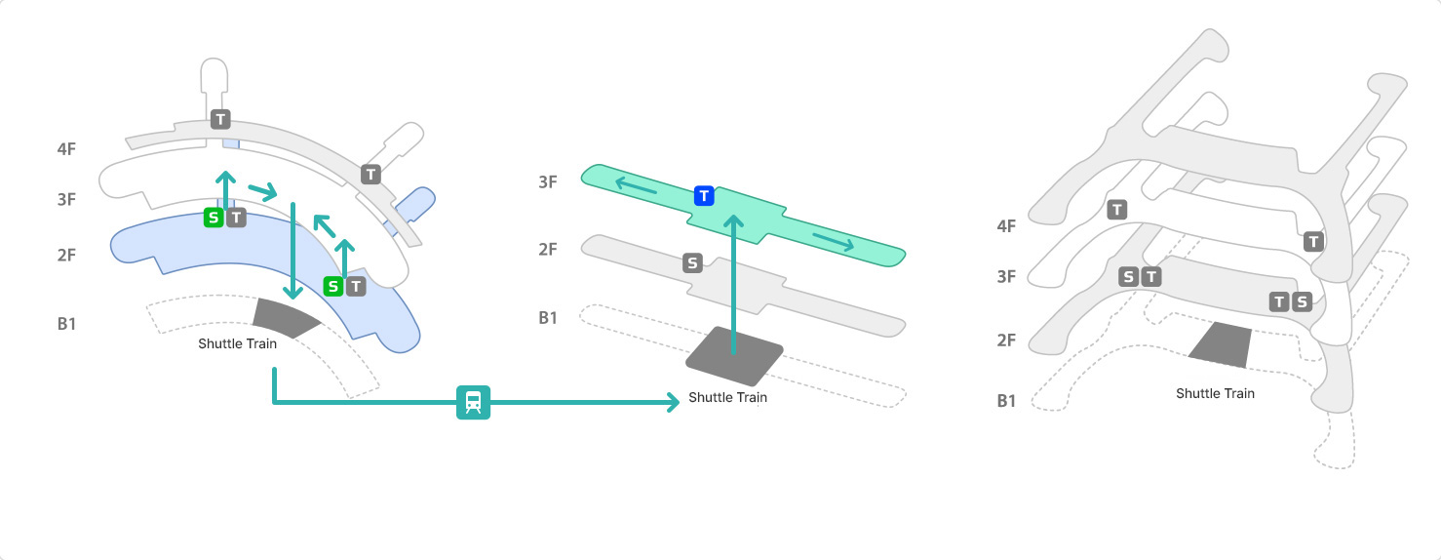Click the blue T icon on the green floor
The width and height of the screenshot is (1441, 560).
coord(704,196)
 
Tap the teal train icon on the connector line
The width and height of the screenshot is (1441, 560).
coord(473,402)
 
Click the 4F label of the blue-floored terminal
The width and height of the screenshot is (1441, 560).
coord(66,150)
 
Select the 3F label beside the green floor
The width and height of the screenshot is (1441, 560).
coord(548,182)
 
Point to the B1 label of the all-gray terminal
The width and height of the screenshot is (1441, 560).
coord(1006,401)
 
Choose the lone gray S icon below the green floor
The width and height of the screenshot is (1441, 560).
coord(692,262)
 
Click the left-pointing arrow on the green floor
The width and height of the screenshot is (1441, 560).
coord(634,184)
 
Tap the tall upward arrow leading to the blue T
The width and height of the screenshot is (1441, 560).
coord(733,283)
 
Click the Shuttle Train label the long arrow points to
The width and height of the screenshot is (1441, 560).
coord(727,398)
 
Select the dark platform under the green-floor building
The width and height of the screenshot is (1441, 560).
coord(733,355)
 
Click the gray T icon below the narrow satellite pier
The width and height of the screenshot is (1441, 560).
coord(220,119)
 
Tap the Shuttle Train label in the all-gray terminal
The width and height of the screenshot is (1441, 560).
coord(1215,393)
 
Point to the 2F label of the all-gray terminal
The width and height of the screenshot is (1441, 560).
coord(1006,340)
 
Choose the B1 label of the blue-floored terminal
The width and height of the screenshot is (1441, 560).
coord(66,323)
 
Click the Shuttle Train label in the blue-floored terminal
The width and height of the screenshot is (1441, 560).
coord(237,343)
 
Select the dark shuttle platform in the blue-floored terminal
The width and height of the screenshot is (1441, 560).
coord(286,316)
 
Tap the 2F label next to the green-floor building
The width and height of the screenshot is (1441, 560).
coord(548,250)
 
